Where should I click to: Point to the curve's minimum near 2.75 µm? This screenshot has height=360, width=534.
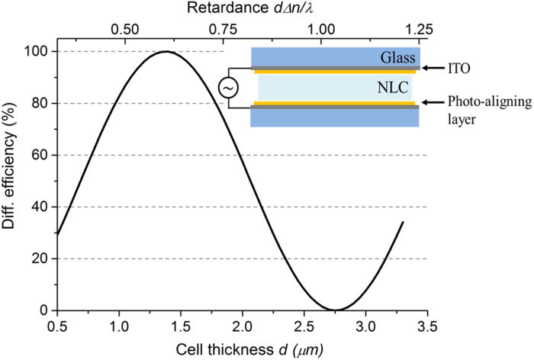[x=335, y=310]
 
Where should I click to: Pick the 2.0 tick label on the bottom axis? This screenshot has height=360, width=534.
[x=242, y=325]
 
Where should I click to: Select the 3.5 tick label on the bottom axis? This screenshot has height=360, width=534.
[x=427, y=325]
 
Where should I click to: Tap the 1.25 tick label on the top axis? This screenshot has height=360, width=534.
[x=419, y=30]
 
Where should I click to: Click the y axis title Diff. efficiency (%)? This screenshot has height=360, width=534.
[x=13, y=181]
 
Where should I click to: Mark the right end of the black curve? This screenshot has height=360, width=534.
[x=403, y=222]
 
